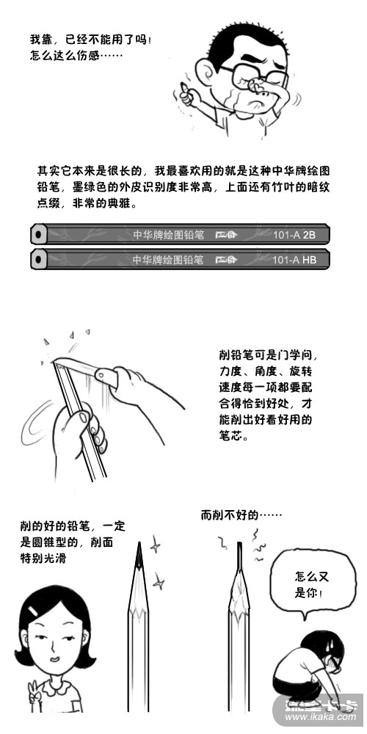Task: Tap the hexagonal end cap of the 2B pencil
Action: click(39, 234)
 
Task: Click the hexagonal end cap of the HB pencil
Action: click(39, 259)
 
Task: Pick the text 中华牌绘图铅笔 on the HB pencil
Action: click(168, 259)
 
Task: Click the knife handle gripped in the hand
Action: click(106, 377)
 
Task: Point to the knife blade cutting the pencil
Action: click(75, 364)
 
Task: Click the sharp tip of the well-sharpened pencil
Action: click(139, 543)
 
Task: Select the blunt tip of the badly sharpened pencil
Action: click(239, 545)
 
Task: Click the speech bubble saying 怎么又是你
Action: click(310, 584)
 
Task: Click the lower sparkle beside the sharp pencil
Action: click(159, 582)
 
